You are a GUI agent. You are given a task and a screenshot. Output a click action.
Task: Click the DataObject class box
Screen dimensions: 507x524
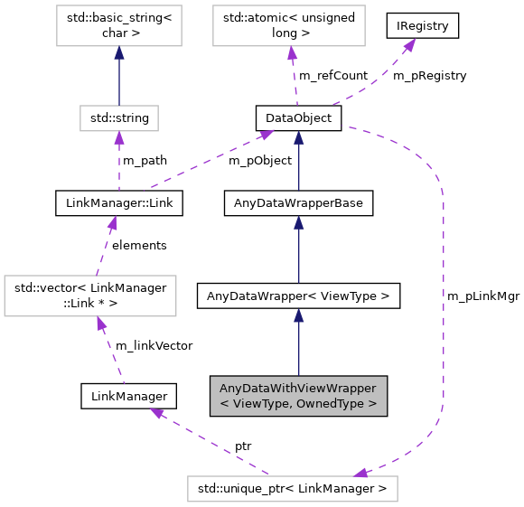point(297,118)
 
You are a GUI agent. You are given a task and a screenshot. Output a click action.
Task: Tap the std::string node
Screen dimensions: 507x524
point(118,117)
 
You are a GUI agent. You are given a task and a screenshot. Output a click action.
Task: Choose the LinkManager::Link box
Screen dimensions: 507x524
point(118,203)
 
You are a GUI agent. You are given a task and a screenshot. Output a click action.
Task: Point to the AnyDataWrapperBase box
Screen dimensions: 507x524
point(297,203)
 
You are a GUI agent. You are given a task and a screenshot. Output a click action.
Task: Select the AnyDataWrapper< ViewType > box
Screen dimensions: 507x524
point(297,296)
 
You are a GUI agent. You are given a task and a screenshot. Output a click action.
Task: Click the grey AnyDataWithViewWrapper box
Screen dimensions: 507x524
point(298,395)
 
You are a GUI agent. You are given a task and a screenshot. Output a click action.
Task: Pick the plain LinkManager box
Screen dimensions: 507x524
point(127,395)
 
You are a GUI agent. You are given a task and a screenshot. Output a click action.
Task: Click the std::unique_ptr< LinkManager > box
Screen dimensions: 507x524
point(292,489)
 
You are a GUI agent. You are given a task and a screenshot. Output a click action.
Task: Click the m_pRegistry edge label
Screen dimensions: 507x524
point(429,76)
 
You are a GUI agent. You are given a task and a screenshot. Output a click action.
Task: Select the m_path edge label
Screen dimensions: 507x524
point(145,161)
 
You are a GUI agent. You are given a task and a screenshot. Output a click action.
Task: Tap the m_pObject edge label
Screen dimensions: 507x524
point(259,161)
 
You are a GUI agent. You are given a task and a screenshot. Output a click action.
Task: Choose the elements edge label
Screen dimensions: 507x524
point(138,245)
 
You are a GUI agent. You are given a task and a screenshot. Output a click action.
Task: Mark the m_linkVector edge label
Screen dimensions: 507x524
point(153,345)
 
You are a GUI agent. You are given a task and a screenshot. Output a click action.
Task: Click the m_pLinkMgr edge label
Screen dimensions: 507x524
point(482,296)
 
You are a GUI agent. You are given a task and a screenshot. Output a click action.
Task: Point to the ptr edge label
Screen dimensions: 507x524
point(243,446)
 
